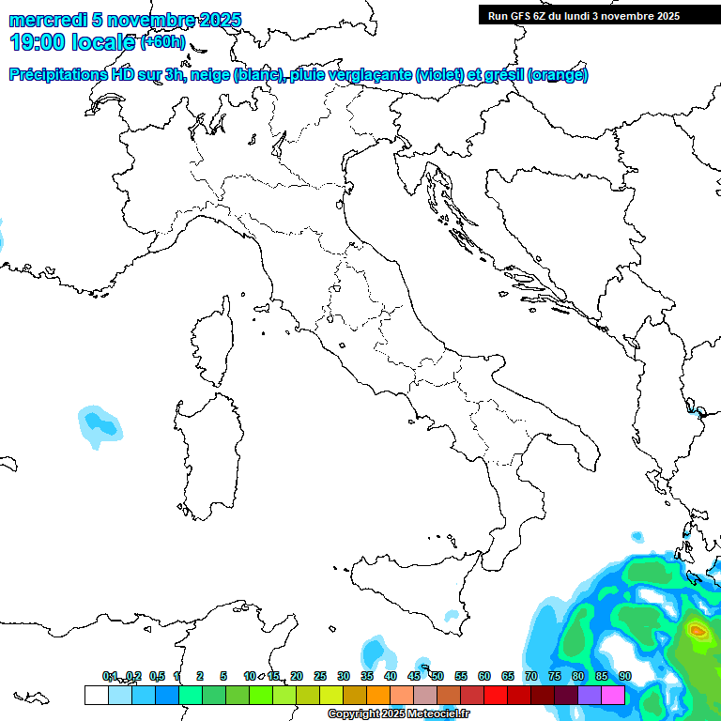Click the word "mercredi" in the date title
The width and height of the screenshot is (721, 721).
click(48, 20)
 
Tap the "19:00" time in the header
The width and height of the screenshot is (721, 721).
click(36, 42)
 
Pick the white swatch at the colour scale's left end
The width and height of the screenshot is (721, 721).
click(96, 695)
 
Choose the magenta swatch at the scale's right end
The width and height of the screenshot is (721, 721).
click(613, 695)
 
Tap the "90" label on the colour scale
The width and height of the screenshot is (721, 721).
click(624, 676)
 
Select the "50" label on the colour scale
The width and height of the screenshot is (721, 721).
click(437, 676)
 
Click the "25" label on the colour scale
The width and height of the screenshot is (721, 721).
click(320, 676)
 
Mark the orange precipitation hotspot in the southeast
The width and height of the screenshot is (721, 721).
click(698, 631)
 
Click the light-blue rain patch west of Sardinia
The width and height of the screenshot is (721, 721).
click(99, 424)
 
